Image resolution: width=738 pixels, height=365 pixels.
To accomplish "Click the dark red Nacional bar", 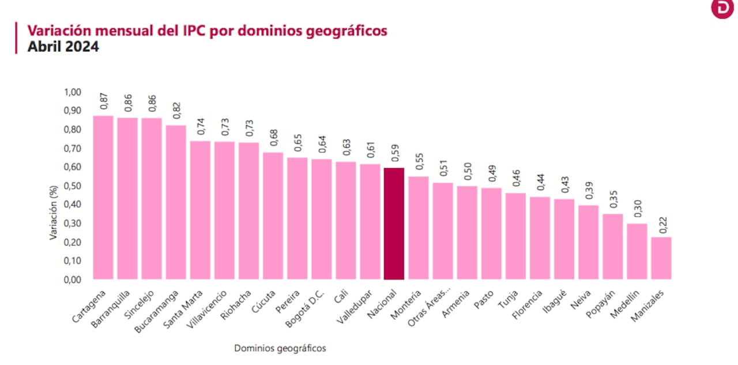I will [x=394, y=224].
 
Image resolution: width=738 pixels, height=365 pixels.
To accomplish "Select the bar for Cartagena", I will [x=103, y=198].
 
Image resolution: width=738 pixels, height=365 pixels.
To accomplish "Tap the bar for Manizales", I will [x=661, y=258].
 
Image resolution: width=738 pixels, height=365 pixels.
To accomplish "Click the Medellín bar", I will [x=637, y=251].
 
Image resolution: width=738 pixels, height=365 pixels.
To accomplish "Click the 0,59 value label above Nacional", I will [x=394, y=153].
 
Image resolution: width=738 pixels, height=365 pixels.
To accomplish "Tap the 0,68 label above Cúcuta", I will [x=273, y=137].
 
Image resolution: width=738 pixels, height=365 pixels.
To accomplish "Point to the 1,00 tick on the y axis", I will [x=73, y=92].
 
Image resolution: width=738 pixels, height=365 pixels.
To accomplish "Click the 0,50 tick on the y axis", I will [x=73, y=186].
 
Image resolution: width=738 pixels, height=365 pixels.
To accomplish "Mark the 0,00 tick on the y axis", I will [x=73, y=280].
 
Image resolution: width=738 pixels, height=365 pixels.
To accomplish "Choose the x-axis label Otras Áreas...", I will [x=429, y=310].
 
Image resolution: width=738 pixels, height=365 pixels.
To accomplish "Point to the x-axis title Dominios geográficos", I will [x=280, y=348].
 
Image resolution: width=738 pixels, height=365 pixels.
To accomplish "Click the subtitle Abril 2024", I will [x=63, y=47].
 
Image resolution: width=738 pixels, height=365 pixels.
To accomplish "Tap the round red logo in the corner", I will [x=722, y=9].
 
